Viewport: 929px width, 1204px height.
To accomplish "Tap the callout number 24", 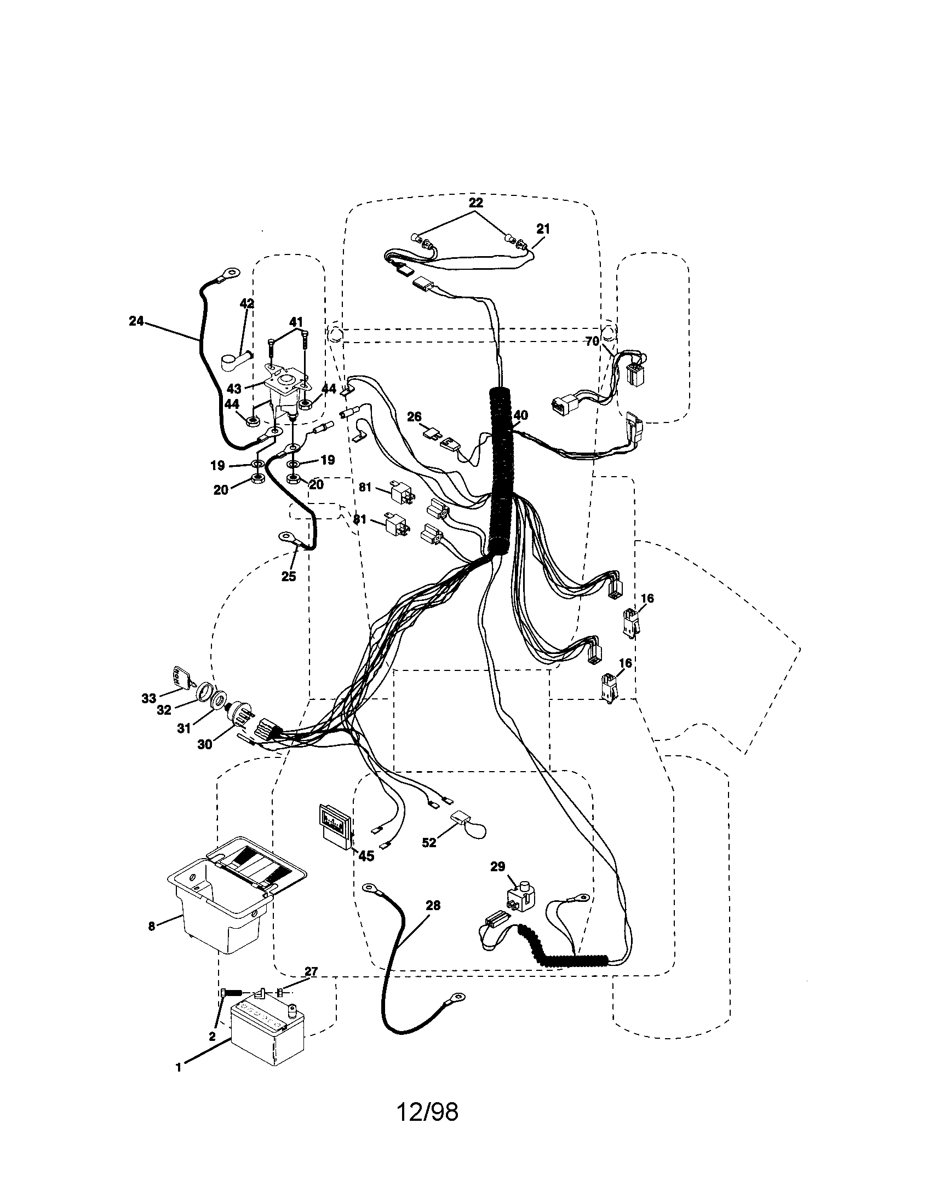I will click(x=136, y=321).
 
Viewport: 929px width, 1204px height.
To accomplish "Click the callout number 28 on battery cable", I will click(x=433, y=905).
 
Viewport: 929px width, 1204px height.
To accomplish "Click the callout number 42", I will click(x=247, y=303).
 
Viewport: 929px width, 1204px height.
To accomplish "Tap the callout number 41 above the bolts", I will click(x=296, y=321).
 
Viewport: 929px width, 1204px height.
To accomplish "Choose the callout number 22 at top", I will click(x=475, y=202).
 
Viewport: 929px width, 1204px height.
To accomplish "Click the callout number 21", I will click(x=543, y=228).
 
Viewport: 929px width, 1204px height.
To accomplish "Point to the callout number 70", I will click(x=592, y=341).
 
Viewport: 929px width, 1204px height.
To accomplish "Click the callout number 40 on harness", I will click(x=520, y=415).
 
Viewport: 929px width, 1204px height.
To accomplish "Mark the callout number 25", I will click(x=288, y=577).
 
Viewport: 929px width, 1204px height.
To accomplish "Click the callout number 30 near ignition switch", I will click(x=204, y=744).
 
